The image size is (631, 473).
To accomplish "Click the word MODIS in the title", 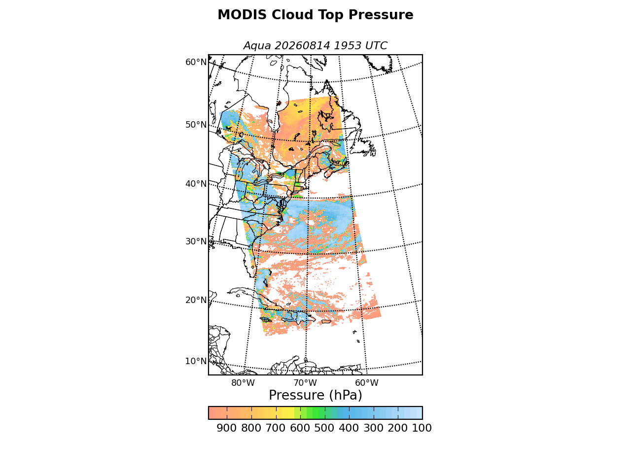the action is (242, 15).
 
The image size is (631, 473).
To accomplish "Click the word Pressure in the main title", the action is (381, 15).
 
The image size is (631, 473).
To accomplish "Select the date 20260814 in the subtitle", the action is (302, 45).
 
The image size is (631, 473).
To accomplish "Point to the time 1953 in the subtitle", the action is (348, 45).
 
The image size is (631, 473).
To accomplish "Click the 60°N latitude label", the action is (196, 62).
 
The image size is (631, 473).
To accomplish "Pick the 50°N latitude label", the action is (196, 125).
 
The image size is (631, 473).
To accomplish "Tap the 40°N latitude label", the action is (196, 183).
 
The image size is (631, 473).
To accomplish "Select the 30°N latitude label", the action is (196, 241).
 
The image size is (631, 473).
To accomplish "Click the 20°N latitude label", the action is (196, 300).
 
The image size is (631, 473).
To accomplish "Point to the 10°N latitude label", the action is (196, 361).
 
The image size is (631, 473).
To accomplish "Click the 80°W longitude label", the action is (243, 383).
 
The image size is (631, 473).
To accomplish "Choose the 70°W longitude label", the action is (305, 383).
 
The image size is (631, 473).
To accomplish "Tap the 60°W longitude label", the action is (367, 383).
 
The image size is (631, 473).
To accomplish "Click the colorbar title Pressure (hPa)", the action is (315, 396).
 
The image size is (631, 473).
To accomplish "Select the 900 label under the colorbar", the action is (227, 428).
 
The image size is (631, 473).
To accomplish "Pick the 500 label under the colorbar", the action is (324, 428).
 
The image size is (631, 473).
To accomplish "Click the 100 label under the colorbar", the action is (422, 428).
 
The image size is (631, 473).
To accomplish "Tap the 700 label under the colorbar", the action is (276, 428).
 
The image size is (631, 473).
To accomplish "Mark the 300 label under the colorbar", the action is (374, 428).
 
